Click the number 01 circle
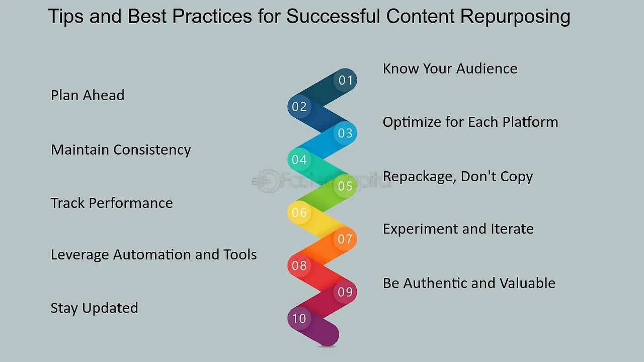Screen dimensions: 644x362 click(x=345, y=80)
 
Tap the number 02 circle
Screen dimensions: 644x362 click(x=299, y=106)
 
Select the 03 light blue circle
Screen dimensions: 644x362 click(x=345, y=133)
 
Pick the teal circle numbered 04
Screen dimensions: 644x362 click(x=299, y=160)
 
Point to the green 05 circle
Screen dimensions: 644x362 click(x=345, y=186)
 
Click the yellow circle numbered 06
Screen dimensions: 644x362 click(x=299, y=212)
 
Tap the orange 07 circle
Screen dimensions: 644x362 click(x=345, y=239)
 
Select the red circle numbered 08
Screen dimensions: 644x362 click(x=299, y=265)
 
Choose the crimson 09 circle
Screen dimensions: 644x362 click(x=345, y=292)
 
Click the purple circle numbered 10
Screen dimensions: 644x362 click(x=299, y=318)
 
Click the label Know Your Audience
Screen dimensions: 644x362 click(x=450, y=69)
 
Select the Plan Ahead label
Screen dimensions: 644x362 click(x=88, y=95)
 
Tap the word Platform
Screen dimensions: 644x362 click(x=530, y=122)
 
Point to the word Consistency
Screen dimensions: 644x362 click(x=152, y=150)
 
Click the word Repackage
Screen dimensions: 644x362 click(x=420, y=177)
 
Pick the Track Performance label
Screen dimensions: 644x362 click(x=112, y=203)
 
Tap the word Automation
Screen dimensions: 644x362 click(x=152, y=255)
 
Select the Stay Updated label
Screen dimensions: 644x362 click(x=94, y=308)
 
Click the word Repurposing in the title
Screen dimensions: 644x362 click(x=515, y=17)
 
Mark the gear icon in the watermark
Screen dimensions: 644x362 click(x=267, y=181)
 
